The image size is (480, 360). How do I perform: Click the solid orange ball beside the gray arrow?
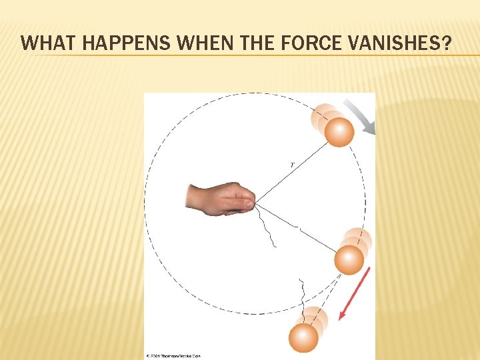click(x=339, y=132)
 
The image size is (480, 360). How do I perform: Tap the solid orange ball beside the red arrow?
click(x=349, y=259)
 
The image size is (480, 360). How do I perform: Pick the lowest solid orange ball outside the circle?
click(x=303, y=337)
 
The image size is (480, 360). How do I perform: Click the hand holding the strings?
click(x=220, y=198)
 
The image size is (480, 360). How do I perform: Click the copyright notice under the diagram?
click(x=175, y=356)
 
